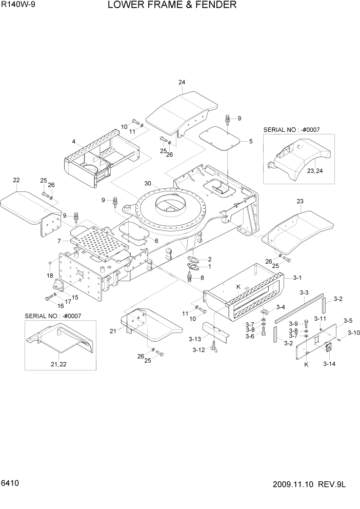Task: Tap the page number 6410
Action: click(x=11, y=498)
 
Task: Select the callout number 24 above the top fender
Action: click(x=182, y=83)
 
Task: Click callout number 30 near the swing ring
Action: click(x=148, y=184)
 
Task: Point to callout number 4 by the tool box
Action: click(x=74, y=142)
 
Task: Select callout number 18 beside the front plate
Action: click(x=50, y=277)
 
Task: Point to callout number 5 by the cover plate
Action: click(x=250, y=141)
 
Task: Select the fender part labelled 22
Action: click(x=23, y=205)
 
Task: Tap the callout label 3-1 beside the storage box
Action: click(x=297, y=278)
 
